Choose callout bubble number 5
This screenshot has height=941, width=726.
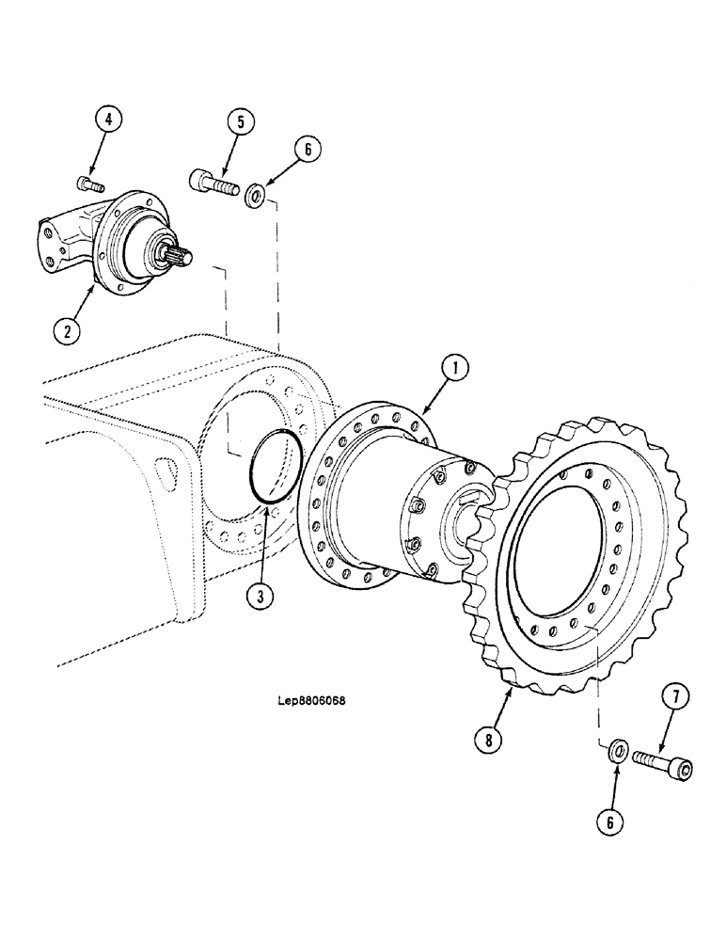point(241,122)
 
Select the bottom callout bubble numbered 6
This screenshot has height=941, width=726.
point(612,821)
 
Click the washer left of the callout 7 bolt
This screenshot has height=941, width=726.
point(618,749)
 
